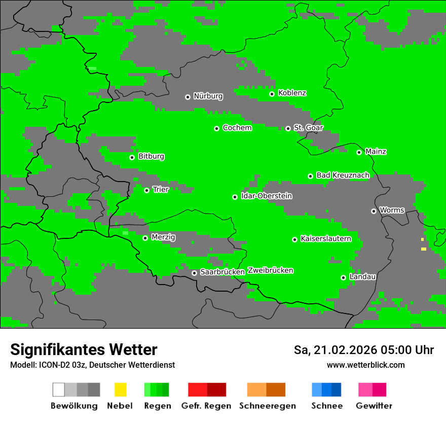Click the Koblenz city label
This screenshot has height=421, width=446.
click(x=292, y=93)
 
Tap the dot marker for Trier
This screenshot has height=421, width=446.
click(x=146, y=190)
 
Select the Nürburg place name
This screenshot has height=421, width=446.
click(x=208, y=96)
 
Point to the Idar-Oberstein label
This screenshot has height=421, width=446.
click(x=267, y=196)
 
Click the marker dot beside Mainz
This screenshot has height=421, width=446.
click(x=359, y=152)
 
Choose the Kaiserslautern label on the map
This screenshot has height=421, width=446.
click(x=325, y=238)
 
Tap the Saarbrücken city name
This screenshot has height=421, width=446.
click(x=222, y=272)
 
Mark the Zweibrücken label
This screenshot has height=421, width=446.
click(x=271, y=270)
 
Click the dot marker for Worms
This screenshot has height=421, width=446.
click(x=374, y=211)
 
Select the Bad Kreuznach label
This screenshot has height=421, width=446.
click(x=343, y=175)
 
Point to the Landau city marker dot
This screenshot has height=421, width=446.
click(x=343, y=277)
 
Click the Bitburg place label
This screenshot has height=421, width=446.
click(x=151, y=156)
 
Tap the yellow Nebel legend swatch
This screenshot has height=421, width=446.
click(x=120, y=390)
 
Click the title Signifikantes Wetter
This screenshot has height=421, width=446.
click(x=84, y=349)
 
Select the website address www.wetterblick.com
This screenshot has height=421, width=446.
click(x=365, y=365)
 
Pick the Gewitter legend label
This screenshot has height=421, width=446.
click(x=374, y=406)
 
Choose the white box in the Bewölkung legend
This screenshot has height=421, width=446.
click(x=59, y=390)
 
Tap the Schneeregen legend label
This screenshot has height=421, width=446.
click(x=267, y=406)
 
